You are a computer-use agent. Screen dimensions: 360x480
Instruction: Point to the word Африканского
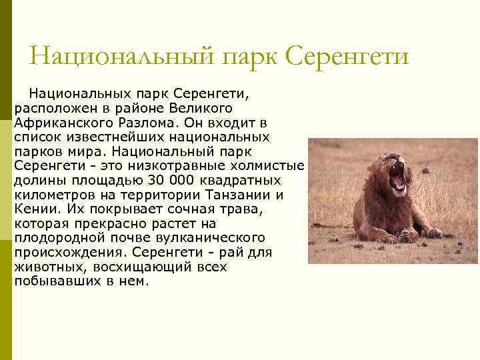click(61, 123)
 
